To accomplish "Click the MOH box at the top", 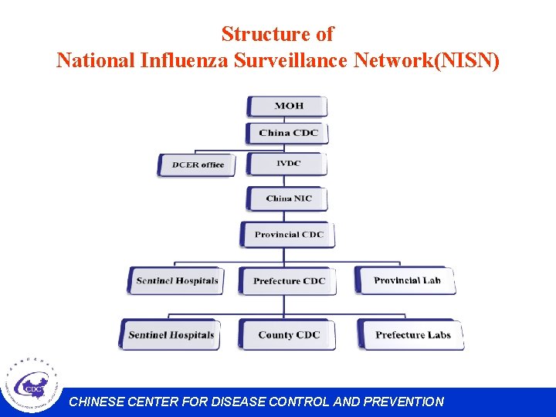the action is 287,106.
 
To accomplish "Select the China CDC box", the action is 287,133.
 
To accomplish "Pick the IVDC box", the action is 287,164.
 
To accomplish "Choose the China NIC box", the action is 287,198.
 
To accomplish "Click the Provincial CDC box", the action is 289,235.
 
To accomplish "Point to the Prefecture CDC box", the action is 288,281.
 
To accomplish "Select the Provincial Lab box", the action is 406,280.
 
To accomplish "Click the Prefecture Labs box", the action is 412,335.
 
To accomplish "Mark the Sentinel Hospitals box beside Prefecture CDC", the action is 176,280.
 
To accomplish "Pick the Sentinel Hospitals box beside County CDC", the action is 170,335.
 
